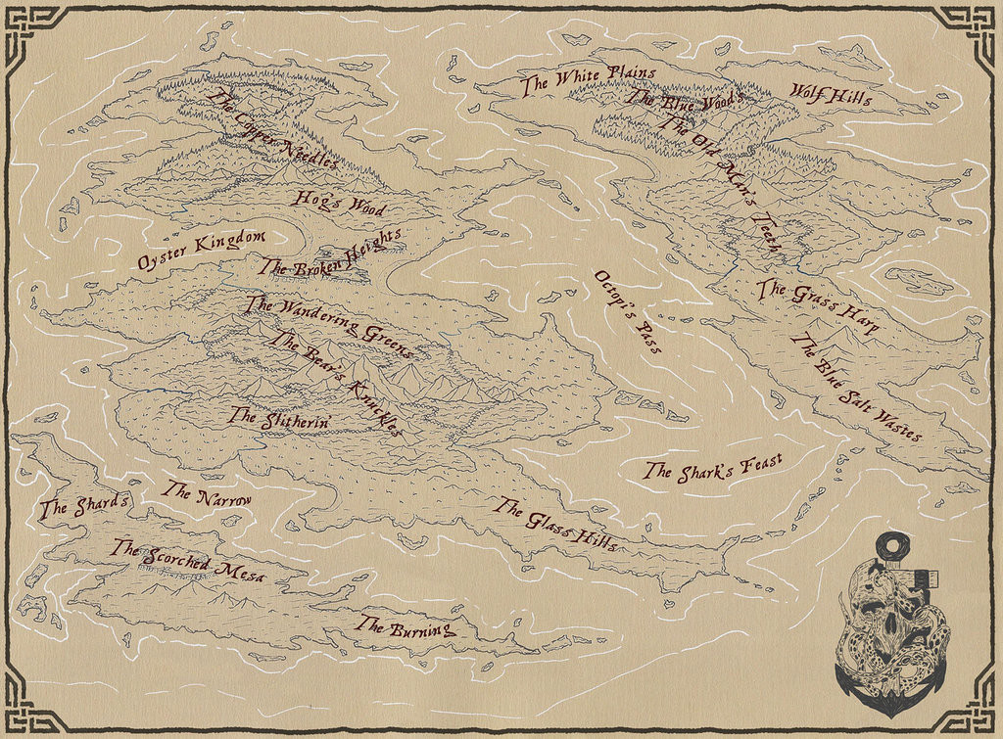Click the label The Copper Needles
[273, 129]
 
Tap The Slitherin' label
[279, 417]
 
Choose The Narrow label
[207, 493]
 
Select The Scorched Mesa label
[189, 563]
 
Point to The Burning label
[406, 626]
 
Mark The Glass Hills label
[555, 525]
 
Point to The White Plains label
[574, 79]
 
